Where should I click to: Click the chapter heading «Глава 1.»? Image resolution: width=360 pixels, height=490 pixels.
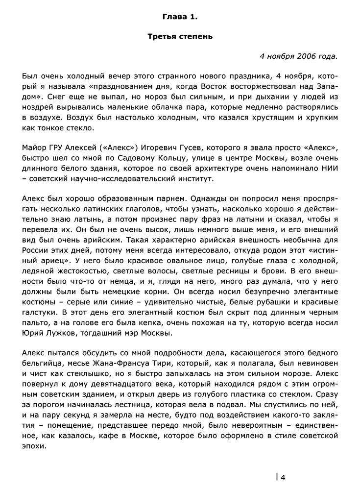[180, 17]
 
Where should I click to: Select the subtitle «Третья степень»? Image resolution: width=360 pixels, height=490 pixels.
[180, 37]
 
